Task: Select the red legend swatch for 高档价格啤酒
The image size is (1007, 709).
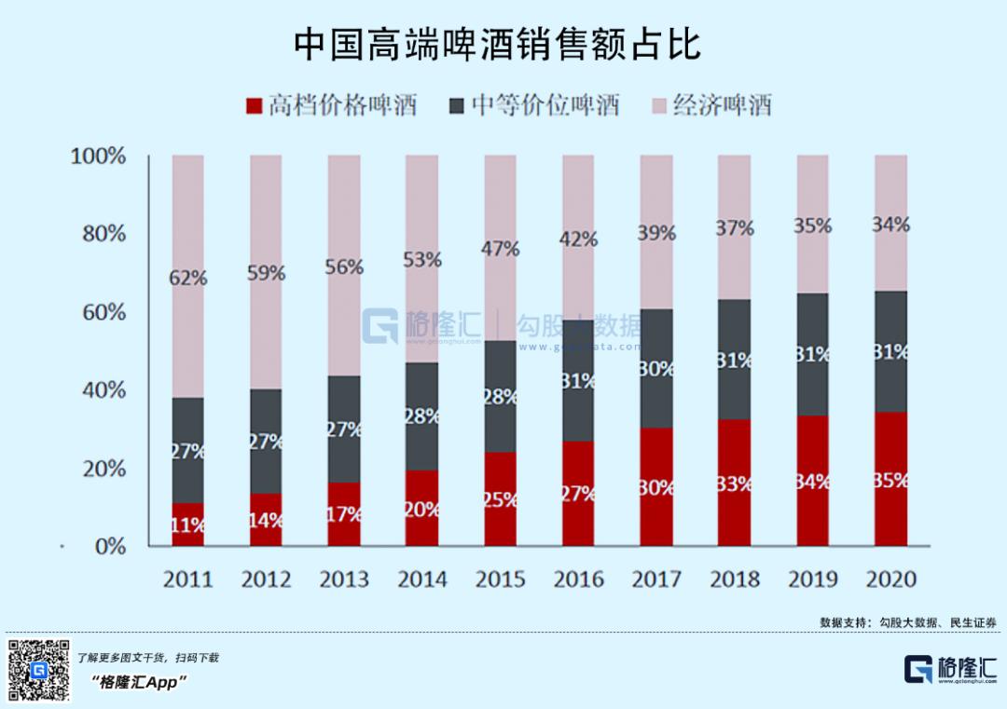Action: click(x=254, y=105)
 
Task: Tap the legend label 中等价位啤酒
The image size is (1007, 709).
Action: click(x=545, y=105)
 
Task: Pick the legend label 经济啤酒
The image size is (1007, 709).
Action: click(x=722, y=105)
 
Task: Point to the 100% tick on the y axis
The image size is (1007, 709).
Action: click(x=98, y=156)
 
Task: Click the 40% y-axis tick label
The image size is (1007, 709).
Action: click(x=103, y=389)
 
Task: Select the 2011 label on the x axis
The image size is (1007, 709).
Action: click(x=188, y=579)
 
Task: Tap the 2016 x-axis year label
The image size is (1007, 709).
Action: click(x=578, y=579)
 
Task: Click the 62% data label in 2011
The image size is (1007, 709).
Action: click(x=188, y=278)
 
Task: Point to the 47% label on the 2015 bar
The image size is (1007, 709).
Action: click(x=501, y=249)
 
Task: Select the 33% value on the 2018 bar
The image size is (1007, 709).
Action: click(x=735, y=484)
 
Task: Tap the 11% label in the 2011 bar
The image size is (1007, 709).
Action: click(x=188, y=525)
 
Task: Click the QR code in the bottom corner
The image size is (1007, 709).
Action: click(x=39, y=670)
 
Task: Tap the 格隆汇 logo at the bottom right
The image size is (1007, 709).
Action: click(x=950, y=669)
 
